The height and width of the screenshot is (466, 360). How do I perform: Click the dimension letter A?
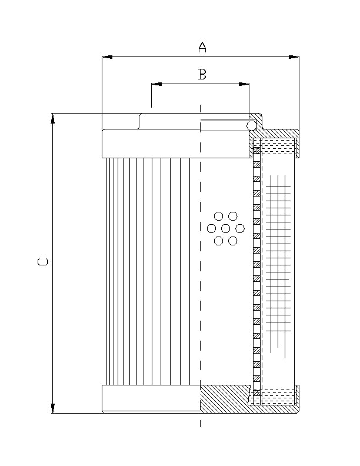pos(202,47)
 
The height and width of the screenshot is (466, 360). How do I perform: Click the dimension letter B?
pos(202,74)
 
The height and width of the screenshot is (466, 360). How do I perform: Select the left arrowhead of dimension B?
pos(156,84)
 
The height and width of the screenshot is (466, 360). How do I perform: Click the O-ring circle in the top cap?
pos(251,126)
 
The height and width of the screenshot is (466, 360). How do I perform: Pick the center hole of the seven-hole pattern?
pos(226,228)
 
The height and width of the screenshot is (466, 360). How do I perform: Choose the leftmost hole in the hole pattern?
pos(212,228)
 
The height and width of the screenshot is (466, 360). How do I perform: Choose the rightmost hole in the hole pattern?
pos(240,228)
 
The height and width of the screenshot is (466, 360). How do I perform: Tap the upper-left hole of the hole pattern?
pos(219,216)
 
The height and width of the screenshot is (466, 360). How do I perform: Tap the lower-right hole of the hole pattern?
pos(233,241)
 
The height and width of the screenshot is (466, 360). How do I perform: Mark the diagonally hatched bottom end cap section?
pos(226,398)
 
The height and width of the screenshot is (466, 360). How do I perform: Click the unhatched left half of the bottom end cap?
pos(151,398)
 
